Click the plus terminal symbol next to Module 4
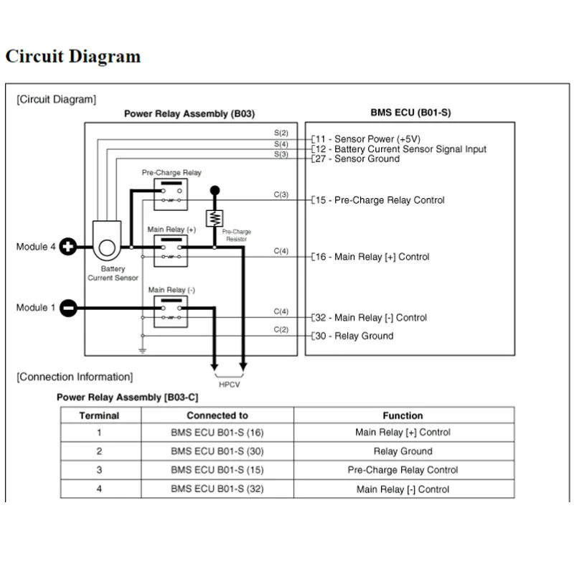(x=68, y=247)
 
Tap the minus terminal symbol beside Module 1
(x=68, y=308)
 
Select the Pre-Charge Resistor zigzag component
(x=215, y=219)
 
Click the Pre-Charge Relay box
(x=171, y=194)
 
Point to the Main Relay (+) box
(x=171, y=250)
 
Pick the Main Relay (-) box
(x=171, y=311)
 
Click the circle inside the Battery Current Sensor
(x=107, y=248)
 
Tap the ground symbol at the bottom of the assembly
(x=142, y=350)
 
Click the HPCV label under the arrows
(x=229, y=385)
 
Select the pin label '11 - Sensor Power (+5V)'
(x=368, y=139)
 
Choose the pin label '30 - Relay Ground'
(x=354, y=336)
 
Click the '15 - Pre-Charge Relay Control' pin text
(x=380, y=200)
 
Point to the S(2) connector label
(x=281, y=133)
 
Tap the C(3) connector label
(x=281, y=194)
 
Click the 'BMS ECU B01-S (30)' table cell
(x=217, y=451)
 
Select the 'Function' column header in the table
(x=403, y=415)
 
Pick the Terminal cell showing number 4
(x=99, y=489)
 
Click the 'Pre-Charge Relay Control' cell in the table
(x=403, y=470)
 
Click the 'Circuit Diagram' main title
(x=73, y=57)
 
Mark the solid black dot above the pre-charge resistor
(x=215, y=190)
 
